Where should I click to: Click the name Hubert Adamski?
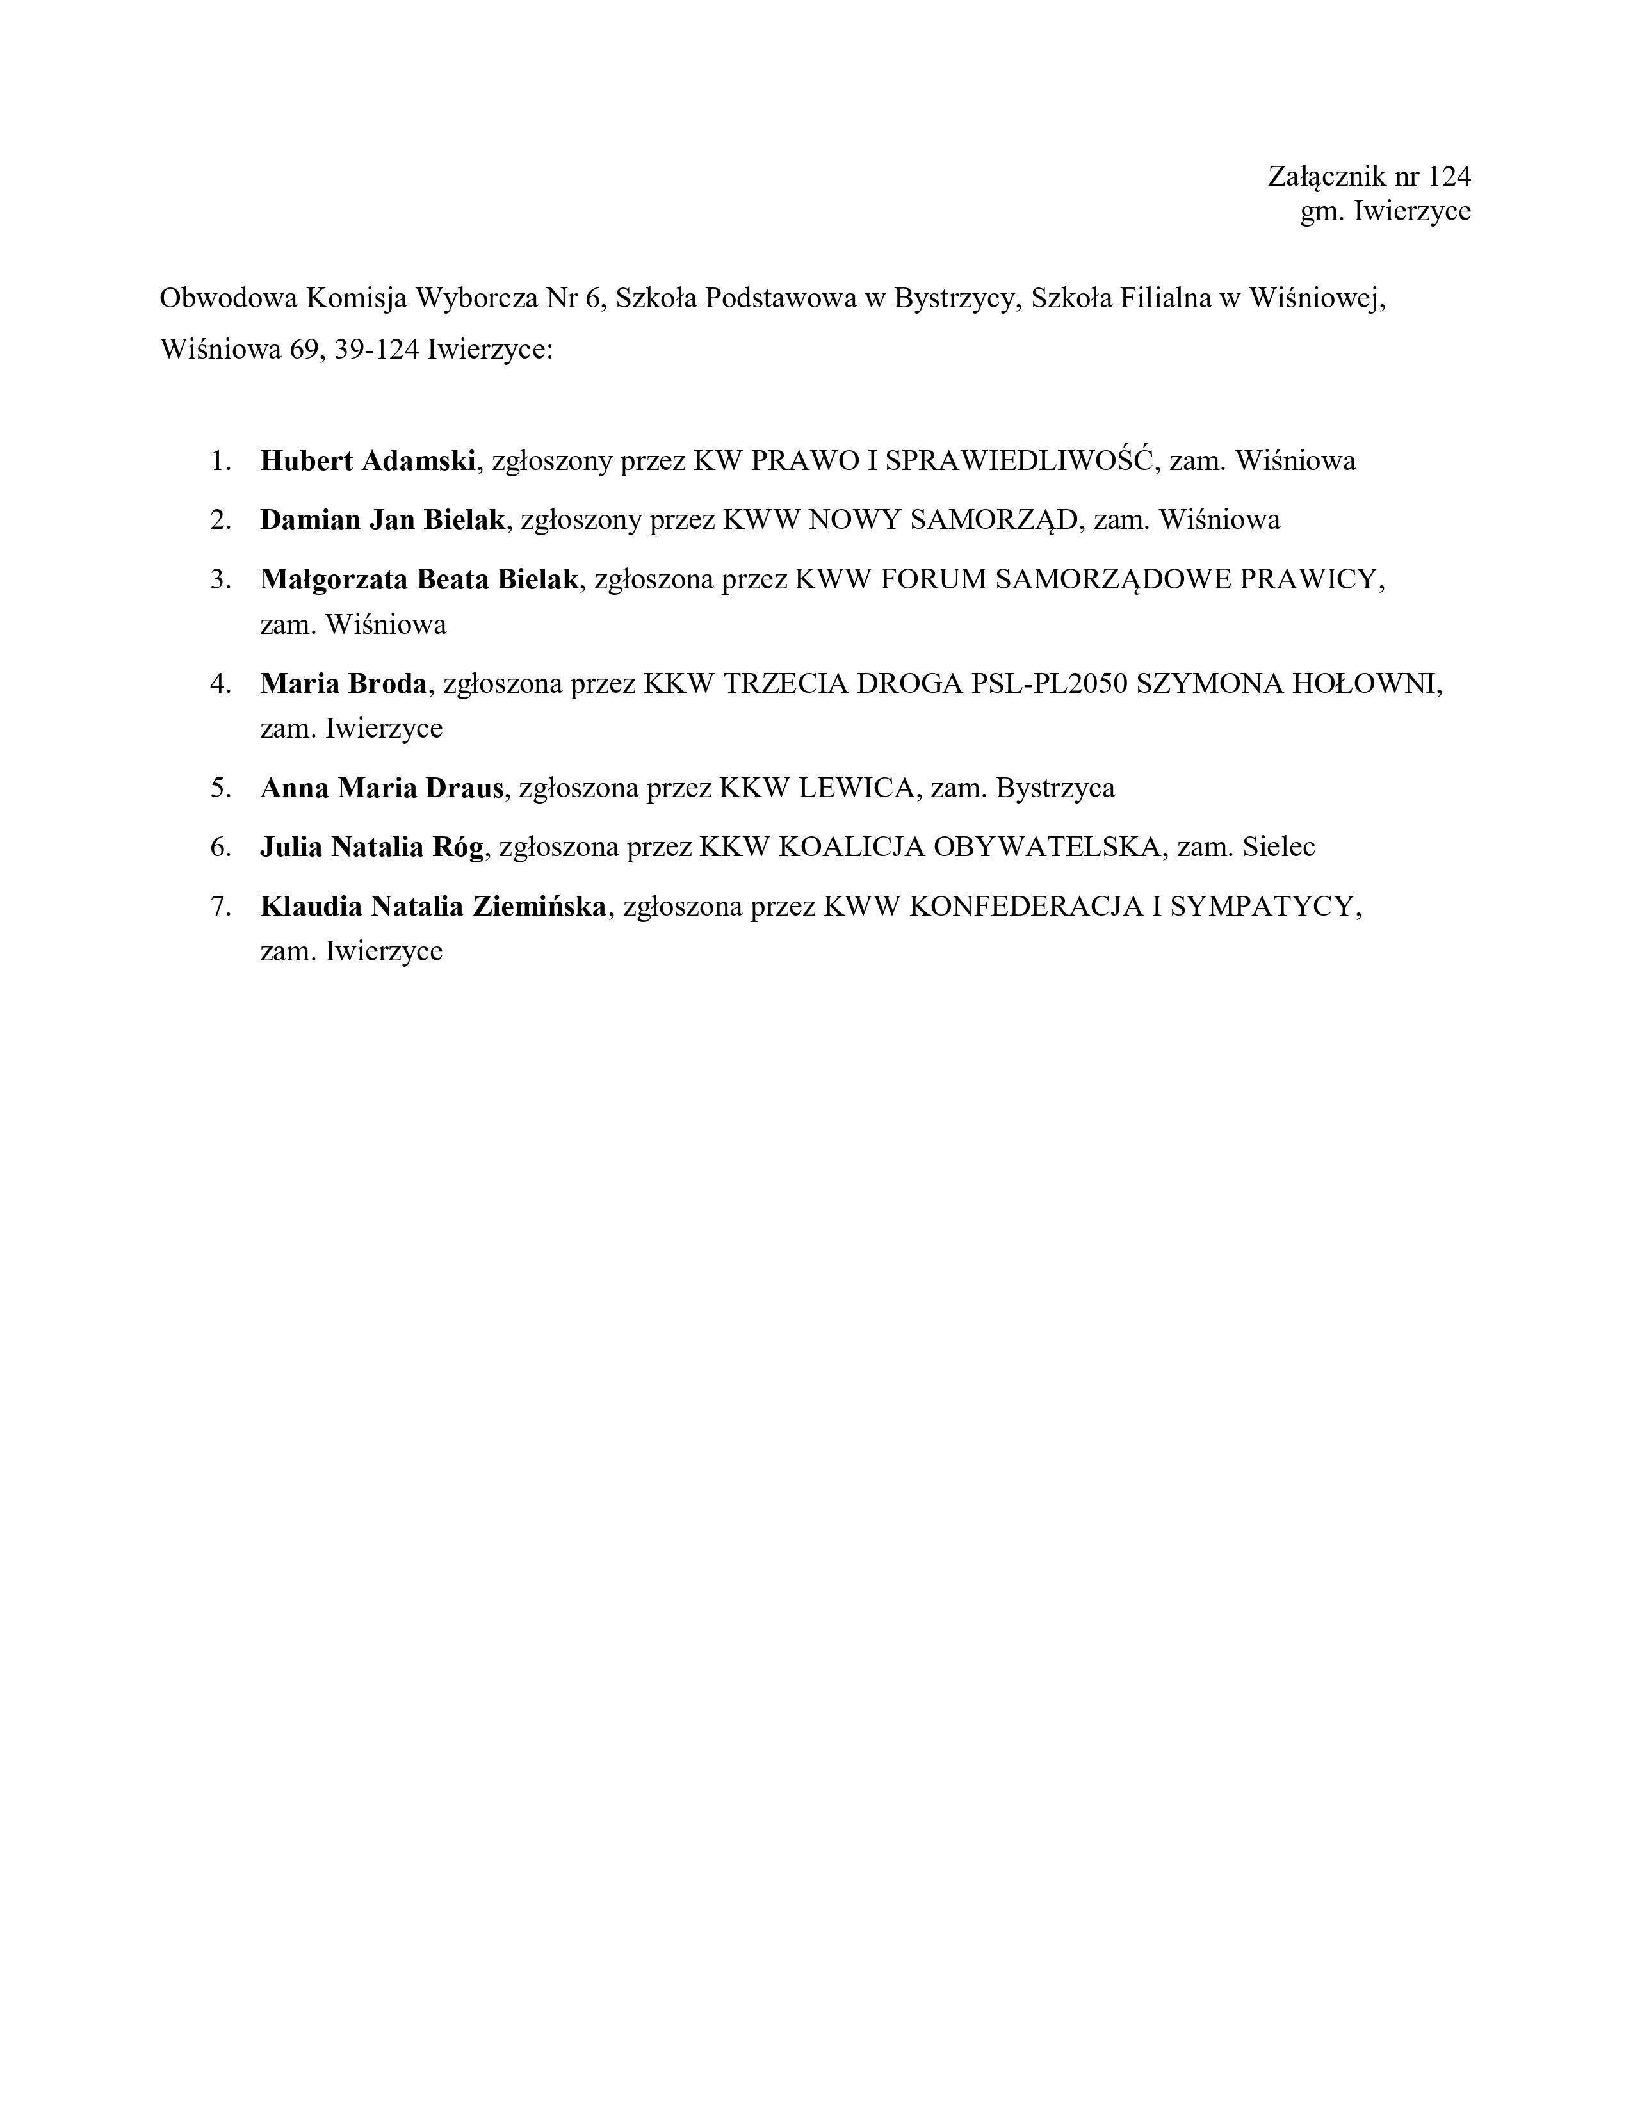[x=368, y=460]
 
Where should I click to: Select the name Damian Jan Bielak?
[x=382, y=519]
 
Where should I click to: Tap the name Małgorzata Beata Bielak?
[x=419, y=579]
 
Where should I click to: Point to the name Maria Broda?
[x=343, y=684]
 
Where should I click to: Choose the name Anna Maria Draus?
[x=382, y=788]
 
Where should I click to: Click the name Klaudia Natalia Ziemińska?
[x=434, y=907]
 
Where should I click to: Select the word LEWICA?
[x=857, y=788]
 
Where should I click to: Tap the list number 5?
[x=220, y=788]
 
